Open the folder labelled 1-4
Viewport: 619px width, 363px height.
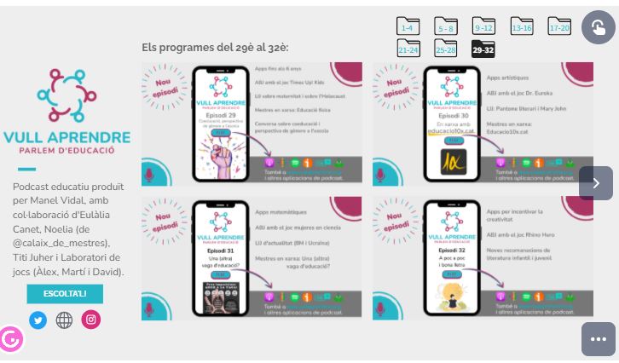pos(408,27)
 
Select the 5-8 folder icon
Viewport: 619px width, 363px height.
pos(445,27)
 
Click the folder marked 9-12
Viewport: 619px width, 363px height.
pos(483,27)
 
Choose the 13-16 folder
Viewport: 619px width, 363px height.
pos(521,27)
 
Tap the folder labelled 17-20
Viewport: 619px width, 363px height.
pos(559,27)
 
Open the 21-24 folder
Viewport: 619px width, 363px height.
pos(408,49)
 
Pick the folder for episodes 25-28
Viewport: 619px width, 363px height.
pos(445,49)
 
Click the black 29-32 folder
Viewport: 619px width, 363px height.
pos(483,49)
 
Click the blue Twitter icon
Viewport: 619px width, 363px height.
pos(38,320)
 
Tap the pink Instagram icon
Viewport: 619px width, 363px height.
pos(90,320)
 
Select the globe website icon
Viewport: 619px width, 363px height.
pos(64,320)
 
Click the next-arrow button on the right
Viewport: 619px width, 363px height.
pos(596,183)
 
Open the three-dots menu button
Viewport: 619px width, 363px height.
pos(598,338)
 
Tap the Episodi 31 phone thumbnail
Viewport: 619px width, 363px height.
pos(220,257)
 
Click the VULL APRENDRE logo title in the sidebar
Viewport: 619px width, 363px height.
pos(67,136)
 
